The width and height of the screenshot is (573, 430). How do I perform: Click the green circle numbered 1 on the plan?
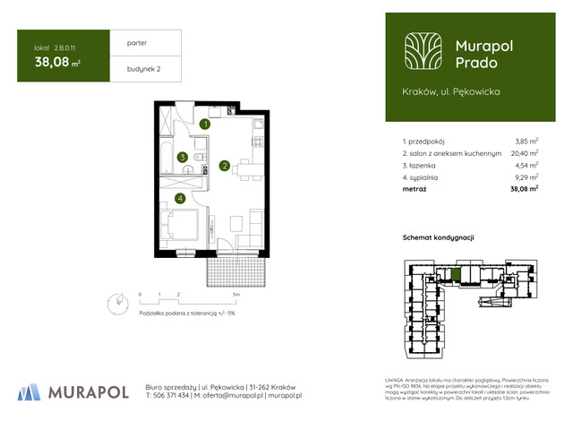click(205, 125)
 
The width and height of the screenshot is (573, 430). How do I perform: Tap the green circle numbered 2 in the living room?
click(225, 164)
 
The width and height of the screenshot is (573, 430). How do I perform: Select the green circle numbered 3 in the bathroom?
click(182, 158)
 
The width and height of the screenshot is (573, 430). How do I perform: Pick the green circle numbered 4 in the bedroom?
click(180, 198)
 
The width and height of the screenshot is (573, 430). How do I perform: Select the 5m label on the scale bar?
click(236, 294)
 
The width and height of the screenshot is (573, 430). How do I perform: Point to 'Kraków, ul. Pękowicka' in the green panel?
click(451, 91)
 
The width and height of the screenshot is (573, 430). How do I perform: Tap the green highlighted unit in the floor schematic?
click(456, 274)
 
